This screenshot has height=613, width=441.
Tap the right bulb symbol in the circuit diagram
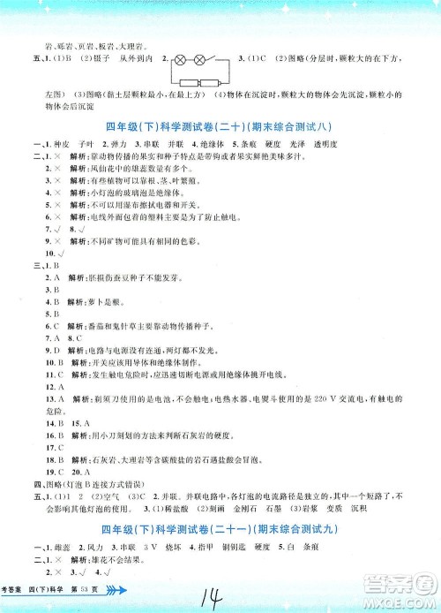coord(200,62)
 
